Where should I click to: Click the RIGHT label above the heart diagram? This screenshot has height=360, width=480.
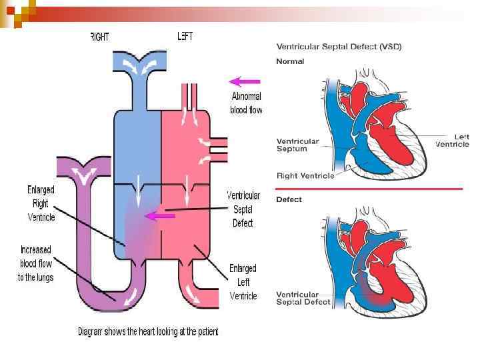(99, 37)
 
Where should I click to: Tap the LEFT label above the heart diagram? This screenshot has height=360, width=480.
(185, 37)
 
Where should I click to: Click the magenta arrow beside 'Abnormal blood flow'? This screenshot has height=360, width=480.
(244, 82)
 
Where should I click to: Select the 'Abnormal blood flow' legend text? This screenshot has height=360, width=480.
(246, 103)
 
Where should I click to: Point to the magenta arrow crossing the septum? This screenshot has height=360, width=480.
(159, 216)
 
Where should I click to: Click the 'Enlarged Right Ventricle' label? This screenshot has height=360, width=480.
(41, 203)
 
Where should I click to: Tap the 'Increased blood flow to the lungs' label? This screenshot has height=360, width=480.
(36, 263)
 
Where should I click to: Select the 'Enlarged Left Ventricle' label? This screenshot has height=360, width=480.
(243, 282)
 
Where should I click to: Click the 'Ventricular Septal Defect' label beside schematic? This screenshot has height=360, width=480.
(243, 209)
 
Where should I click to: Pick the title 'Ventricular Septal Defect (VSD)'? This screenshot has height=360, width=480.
(339, 47)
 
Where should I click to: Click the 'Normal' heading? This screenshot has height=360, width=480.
(290, 61)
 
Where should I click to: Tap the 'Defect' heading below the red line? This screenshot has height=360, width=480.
(289, 199)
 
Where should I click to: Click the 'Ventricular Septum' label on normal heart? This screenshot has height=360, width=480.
(298, 145)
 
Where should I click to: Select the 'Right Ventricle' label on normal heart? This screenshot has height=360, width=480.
(305, 176)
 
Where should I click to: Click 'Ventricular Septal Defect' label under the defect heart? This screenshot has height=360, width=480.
(303, 298)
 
